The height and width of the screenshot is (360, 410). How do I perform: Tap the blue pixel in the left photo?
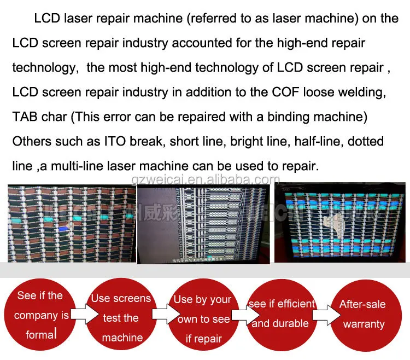pos(65,225)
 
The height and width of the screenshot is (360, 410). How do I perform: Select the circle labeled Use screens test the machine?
pos(121,317)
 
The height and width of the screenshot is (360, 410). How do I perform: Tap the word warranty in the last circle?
pos(364,324)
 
